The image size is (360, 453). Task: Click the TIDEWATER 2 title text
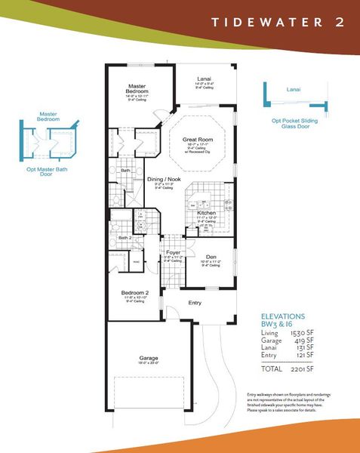click(x=278, y=21)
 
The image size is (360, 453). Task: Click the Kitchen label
click(x=207, y=214)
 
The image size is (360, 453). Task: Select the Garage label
click(x=148, y=358)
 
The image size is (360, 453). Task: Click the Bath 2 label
click(x=126, y=238)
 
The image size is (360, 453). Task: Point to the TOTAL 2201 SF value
click(x=294, y=371)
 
